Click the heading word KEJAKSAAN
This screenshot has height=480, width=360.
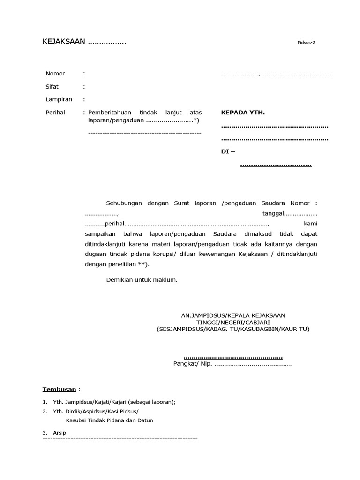64,42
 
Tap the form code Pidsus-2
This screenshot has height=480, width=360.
306,42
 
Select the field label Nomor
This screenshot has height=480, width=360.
55,74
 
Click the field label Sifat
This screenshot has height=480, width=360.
52,87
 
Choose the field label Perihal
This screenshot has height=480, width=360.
55,112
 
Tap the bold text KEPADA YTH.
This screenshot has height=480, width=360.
243,112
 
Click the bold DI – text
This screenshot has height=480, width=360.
228,151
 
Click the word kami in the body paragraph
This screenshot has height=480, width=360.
310,223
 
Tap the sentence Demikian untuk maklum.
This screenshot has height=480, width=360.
142,280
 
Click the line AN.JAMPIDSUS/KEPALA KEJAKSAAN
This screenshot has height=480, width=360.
233,315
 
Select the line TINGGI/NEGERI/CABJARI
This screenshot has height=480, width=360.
233,322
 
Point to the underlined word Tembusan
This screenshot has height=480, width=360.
59,390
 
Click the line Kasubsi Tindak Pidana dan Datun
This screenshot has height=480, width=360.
109,420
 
